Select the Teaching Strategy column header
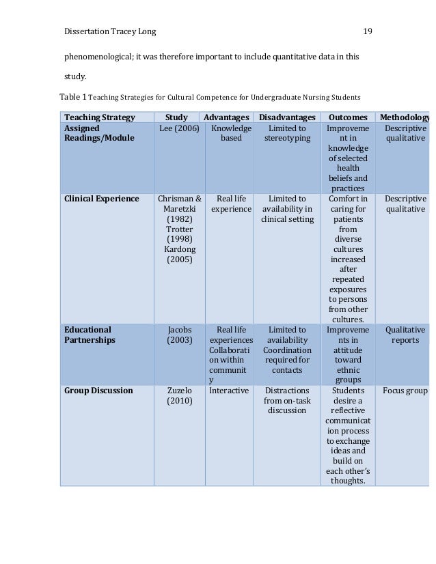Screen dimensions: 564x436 100,117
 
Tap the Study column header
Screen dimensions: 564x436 176,117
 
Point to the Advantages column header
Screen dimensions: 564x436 226,117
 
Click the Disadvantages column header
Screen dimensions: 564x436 287,117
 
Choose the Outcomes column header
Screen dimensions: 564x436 348,117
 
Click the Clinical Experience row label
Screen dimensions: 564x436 102,199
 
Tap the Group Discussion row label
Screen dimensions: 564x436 98,391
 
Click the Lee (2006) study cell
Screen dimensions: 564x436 179,128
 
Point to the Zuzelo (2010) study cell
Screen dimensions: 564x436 179,396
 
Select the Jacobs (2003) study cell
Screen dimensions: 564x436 179,335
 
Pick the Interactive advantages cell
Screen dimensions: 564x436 228,391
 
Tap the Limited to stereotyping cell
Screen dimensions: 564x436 287,133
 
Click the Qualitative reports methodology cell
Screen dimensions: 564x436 405,335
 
